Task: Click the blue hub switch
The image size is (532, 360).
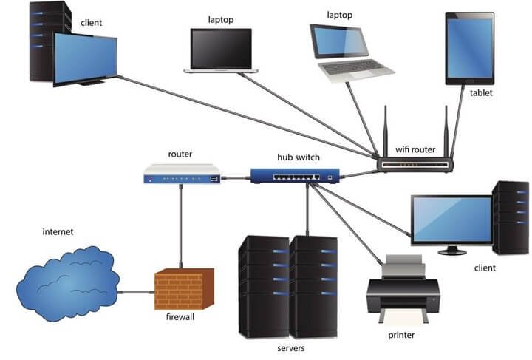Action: [294, 176]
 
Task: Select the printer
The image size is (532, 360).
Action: [403, 288]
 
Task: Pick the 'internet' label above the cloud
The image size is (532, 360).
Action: [58, 232]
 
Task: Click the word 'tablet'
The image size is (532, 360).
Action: [481, 93]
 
